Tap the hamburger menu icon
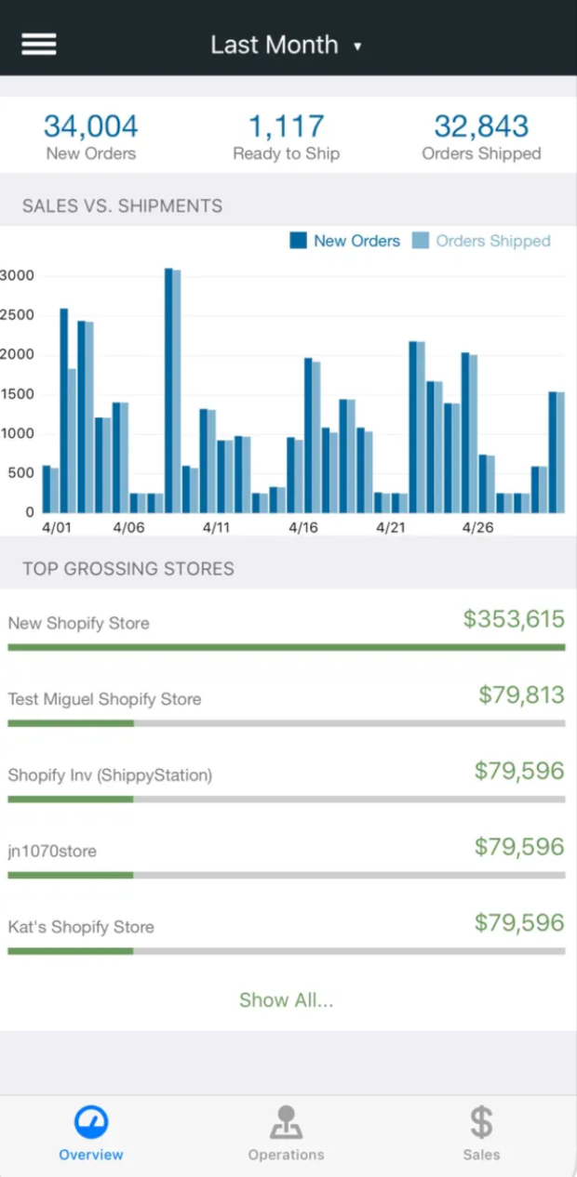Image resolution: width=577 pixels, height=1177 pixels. pos(39,45)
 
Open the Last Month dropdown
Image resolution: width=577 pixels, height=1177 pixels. pos(285,45)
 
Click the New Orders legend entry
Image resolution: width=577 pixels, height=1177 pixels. pos(345,241)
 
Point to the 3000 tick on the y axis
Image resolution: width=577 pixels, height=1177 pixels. pos(17,275)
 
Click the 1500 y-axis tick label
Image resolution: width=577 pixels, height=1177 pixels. pos(17,394)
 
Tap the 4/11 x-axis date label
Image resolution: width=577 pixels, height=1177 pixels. pos(216,527)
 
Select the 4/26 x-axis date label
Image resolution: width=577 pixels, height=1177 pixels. pos(477,527)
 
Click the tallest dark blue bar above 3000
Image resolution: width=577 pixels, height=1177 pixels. pos(168,390)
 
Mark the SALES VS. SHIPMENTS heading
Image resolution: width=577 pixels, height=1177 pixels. pos(122,206)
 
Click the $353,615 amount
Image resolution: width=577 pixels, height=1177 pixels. pos(514,619)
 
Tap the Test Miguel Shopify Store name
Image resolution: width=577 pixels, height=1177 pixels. pos(104,699)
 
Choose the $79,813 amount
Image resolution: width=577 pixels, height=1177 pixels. pos(521,694)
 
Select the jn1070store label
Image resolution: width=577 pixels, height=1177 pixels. pos(52,851)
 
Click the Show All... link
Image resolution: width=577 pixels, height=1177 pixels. pos(287,1000)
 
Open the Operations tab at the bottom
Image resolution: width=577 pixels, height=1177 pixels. pos(286,1133)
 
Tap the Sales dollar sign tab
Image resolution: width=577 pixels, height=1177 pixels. pos(481,1133)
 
